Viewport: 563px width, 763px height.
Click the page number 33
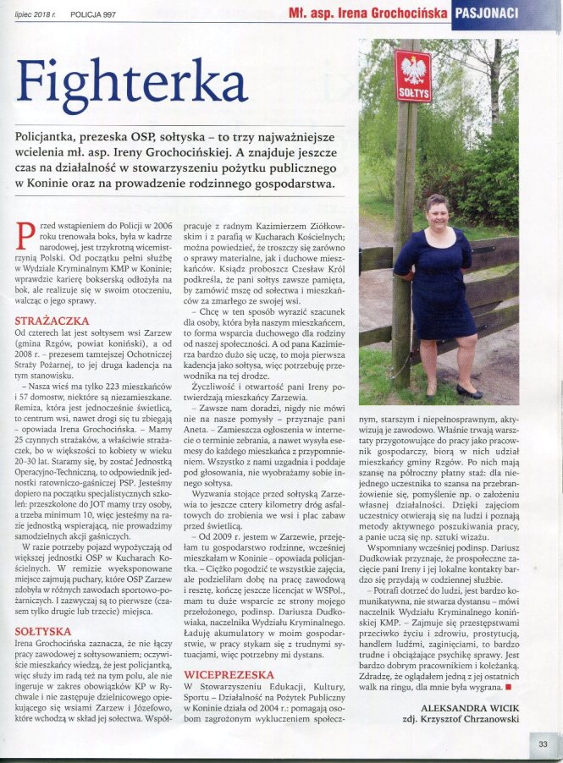(543, 744)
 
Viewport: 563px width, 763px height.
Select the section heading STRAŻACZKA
(49, 321)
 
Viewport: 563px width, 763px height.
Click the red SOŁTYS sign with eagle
(413, 77)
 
